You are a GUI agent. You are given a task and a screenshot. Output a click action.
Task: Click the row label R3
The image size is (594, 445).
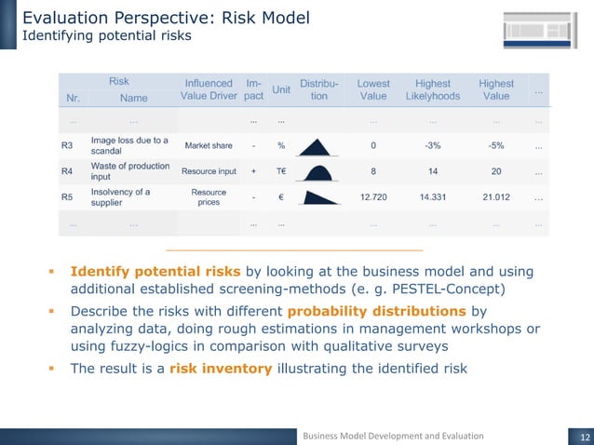[x=67, y=146]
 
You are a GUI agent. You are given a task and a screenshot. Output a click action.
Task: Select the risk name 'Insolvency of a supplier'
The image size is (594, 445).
[x=120, y=197]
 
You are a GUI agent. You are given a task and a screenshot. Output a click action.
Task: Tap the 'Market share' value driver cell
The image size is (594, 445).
[x=209, y=146]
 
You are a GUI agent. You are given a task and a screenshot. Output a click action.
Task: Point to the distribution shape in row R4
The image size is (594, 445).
[x=319, y=172]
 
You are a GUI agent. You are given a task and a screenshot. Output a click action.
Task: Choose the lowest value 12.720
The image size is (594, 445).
[x=373, y=197]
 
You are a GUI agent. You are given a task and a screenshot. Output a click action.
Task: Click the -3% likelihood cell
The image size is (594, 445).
[x=433, y=146]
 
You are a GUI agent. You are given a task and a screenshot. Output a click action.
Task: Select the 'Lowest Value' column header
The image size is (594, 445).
[x=373, y=89]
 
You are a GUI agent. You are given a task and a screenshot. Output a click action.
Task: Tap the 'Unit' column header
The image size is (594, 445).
[x=280, y=89]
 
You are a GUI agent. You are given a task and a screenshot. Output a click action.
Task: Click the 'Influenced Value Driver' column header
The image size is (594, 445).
[x=209, y=89]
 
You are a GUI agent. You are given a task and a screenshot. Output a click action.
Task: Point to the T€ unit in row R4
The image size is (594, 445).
[x=280, y=172]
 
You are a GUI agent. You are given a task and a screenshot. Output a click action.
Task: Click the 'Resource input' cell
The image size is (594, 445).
[x=209, y=172]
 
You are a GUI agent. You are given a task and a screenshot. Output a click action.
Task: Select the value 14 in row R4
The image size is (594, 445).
[x=433, y=172]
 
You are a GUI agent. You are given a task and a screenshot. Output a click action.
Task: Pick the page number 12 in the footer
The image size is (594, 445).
[x=579, y=435]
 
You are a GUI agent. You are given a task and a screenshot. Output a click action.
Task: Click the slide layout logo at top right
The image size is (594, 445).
[x=537, y=27]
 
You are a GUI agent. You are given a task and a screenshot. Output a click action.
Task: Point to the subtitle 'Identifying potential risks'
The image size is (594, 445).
[x=107, y=36]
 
